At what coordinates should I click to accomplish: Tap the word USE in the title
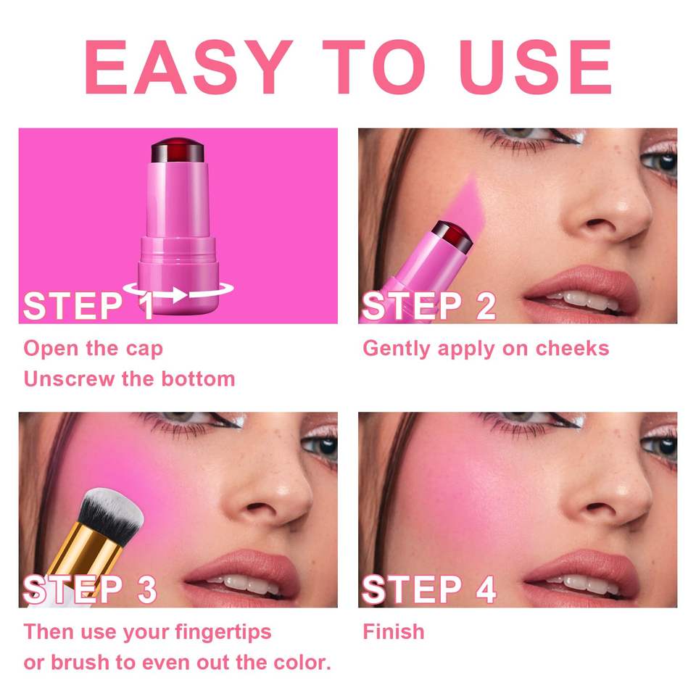pyautogui.click(x=536, y=67)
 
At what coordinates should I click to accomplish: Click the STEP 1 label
pyautogui.click(x=88, y=306)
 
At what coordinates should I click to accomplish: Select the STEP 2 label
pyautogui.click(x=428, y=306)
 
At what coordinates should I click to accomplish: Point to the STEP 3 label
pyautogui.click(x=90, y=589)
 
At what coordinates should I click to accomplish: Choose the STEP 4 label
pyautogui.click(x=428, y=589)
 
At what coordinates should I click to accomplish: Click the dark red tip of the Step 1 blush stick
pyautogui.click(x=178, y=150)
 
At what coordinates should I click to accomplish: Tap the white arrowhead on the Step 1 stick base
pyautogui.click(x=179, y=295)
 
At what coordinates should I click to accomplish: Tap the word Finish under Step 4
pyautogui.click(x=393, y=631)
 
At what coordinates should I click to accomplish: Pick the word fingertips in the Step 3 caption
pyautogui.click(x=223, y=632)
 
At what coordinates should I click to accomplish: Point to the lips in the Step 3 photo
pyautogui.click(x=243, y=576)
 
